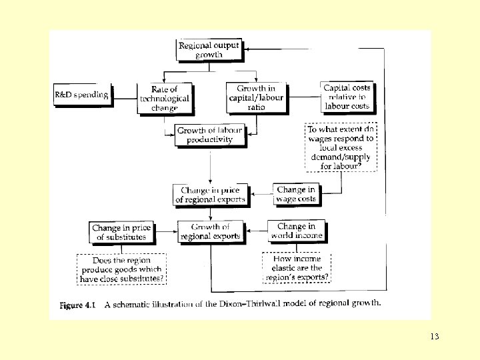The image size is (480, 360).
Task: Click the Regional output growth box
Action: (209, 50)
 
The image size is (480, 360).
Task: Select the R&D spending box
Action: (81, 95)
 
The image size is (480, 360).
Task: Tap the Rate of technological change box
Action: (164, 98)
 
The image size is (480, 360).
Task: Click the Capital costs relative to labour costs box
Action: (346, 97)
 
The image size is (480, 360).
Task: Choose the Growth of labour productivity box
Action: (209, 135)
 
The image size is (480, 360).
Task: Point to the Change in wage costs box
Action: (297, 195)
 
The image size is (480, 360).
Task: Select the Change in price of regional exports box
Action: (210, 195)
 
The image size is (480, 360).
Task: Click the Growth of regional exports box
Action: (210, 231)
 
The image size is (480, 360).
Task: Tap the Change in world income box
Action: (297, 231)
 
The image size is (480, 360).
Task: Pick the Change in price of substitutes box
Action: (121, 232)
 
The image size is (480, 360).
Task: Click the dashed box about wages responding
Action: (341, 147)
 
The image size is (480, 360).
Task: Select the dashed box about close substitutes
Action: (121, 269)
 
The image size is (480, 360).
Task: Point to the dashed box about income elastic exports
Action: (296, 269)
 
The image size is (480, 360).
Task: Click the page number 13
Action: (434, 337)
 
